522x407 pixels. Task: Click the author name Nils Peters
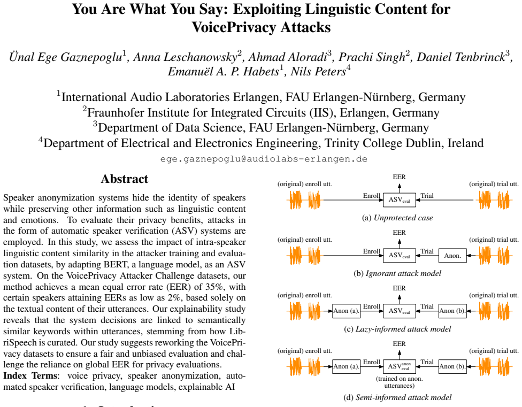click(x=318, y=71)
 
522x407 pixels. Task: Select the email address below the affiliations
click(x=264, y=159)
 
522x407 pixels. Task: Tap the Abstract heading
click(x=125, y=179)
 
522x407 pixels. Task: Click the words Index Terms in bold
click(x=30, y=376)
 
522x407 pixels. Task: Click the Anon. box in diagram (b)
click(x=452, y=256)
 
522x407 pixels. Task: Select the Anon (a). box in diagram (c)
click(x=346, y=311)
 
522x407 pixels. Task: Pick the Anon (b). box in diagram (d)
click(x=452, y=366)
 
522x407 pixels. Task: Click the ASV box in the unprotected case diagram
click(x=399, y=199)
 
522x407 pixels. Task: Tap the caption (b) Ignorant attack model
click(x=397, y=273)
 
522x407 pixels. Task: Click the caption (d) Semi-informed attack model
click(x=397, y=397)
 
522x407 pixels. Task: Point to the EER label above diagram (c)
click(x=399, y=288)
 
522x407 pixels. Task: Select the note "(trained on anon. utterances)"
click(x=399, y=382)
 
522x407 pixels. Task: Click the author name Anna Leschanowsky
click(x=185, y=57)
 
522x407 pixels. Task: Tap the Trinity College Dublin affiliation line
click(x=261, y=143)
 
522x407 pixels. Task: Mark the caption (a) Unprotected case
click(x=397, y=218)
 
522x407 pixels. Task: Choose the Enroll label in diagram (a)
click(x=372, y=196)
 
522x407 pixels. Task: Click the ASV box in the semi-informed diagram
click(x=399, y=366)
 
